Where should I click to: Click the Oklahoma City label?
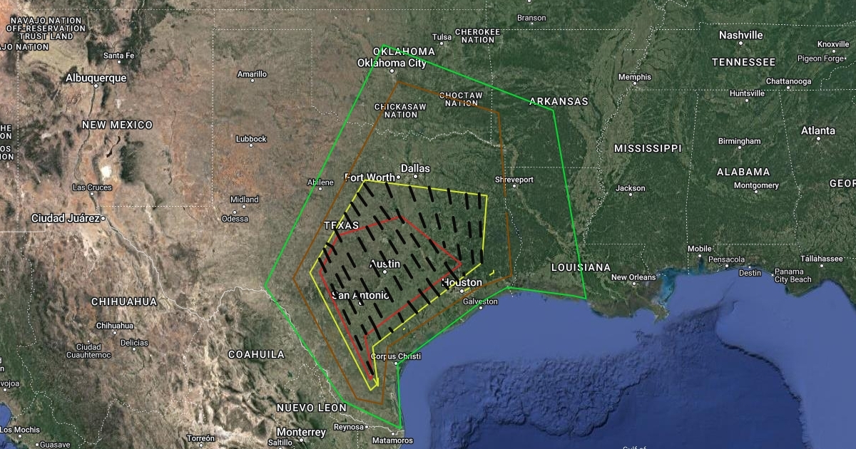[x=392, y=63]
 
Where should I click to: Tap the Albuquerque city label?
[x=96, y=78]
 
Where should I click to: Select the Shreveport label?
[x=514, y=180]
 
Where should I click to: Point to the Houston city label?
[x=462, y=282]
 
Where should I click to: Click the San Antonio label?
[x=361, y=295]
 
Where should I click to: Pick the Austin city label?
[x=385, y=264]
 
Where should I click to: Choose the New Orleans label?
[x=633, y=277]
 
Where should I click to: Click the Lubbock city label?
[x=251, y=139]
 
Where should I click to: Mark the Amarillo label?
[x=252, y=74]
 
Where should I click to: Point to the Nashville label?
[x=740, y=35]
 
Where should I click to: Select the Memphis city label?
[x=634, y=77]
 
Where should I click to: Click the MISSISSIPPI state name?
[x=648, y=148]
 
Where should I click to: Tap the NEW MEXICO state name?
[x=117, y=125]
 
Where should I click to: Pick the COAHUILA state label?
[x=256, y=353]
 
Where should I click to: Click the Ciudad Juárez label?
[x=65, y=217]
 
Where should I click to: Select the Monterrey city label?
[x=302, y=432]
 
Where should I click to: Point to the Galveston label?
[x=480, y=301]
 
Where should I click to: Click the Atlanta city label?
[x=817, y=130]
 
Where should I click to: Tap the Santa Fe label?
[x=118, y=56]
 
